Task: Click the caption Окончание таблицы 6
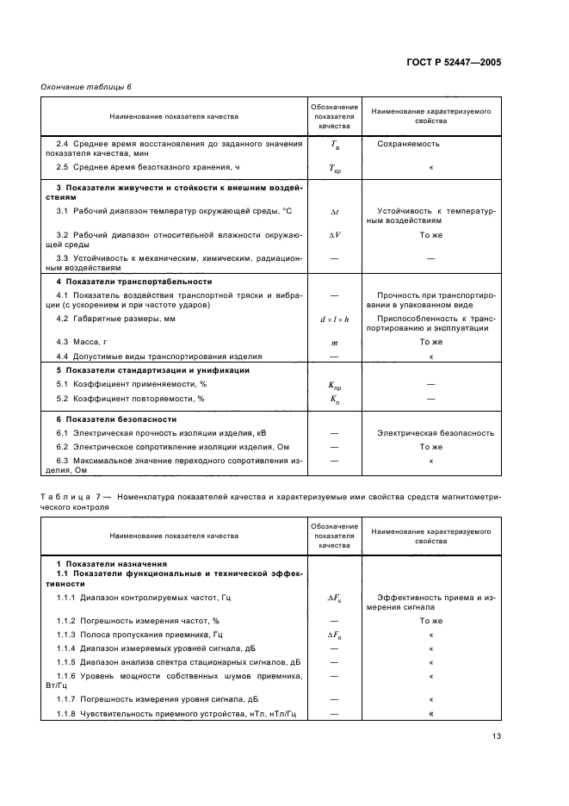(87, 88)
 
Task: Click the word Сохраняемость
(408, 144)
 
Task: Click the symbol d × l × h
(335, 319)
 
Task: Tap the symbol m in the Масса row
(335, 342)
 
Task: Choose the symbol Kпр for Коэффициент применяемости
(335, 385)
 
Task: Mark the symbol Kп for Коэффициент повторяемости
(335, 400)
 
